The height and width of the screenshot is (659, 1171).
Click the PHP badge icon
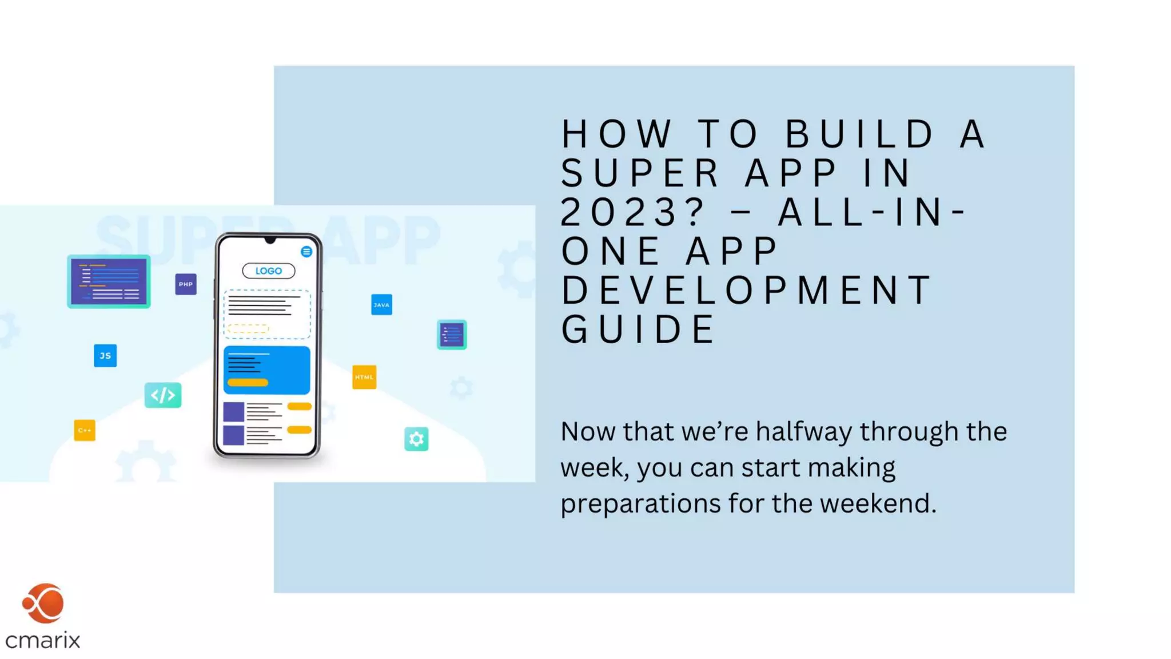coord(186,284)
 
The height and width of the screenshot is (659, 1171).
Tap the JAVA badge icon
coord(381,305)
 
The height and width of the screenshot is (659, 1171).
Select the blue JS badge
coord(105,356)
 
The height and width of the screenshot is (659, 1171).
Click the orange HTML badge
coord(364,377)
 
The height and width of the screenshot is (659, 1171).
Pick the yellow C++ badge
coord(85,430)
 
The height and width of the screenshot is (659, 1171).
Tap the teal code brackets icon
coord(163,395)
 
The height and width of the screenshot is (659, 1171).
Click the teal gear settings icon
coord(416,439)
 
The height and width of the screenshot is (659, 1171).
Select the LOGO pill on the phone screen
coord(268,271)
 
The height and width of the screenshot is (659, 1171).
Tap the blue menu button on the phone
coord(306,252)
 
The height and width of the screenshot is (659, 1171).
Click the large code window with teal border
coord(109,281)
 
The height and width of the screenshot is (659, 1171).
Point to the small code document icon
coord(452,335)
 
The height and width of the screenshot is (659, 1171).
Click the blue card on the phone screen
coord(266,370)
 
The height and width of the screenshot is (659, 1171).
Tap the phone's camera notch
coord(270,240)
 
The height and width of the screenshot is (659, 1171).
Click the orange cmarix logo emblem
coord(43,604)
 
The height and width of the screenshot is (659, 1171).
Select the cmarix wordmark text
coord(43,640)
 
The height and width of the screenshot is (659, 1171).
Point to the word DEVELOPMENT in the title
coord(746,290)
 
